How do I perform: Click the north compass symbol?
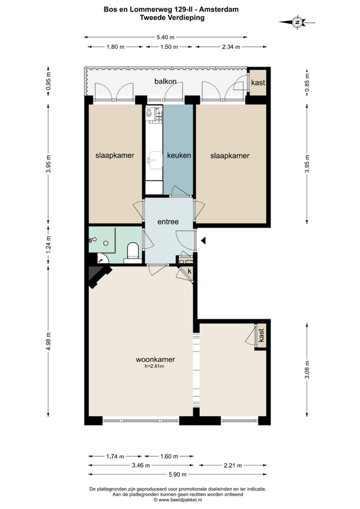[x=297, y=22]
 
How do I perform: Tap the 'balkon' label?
[x=165, y=81]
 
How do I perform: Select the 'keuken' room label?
[x=179, y=155]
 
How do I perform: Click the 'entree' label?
[x=168, y=222]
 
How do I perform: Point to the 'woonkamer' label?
[x=155, y=360]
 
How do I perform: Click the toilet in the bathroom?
[x=133, y=252]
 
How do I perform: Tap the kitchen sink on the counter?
[x=154, y=160]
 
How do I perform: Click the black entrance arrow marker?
[x=203, y=241]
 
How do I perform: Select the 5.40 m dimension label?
[x=166, y=37]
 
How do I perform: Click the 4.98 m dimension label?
[x=49, y=341]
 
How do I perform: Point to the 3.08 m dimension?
[x=307, y=370]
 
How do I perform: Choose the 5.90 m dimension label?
[x=178, y=474]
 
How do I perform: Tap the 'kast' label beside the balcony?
[x=258, y=83]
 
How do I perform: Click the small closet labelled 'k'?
[x=190, y=271]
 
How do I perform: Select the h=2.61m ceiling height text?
[x=155, y=367]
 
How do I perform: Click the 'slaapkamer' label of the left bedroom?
[x=115, y=155]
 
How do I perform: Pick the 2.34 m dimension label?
[x=231, y=47]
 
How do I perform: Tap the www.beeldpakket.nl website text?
[x=178, y=500]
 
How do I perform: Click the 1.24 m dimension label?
[x=49, y=245]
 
